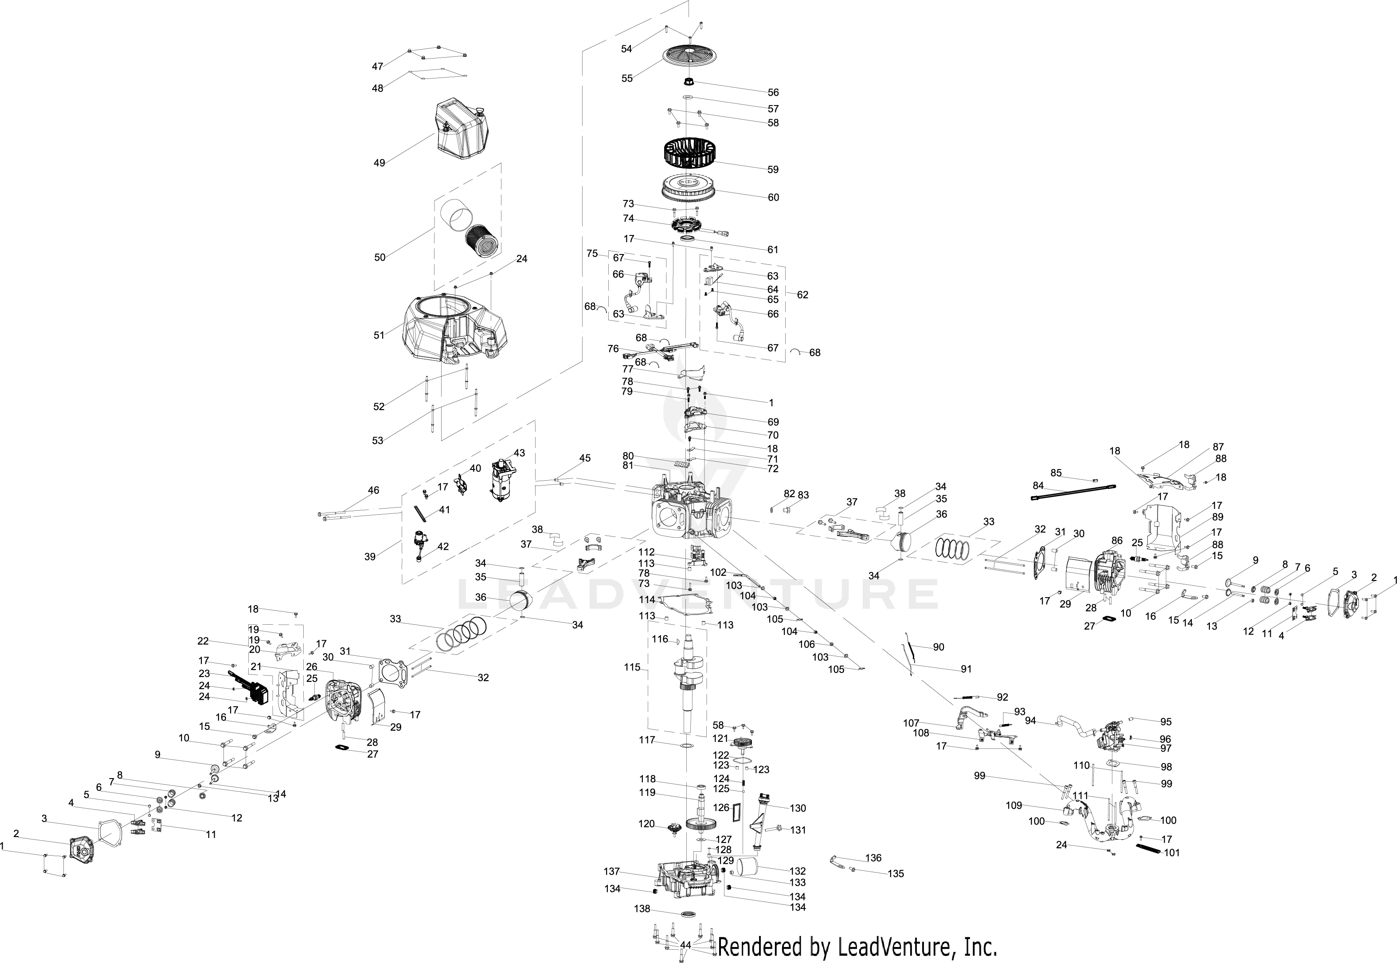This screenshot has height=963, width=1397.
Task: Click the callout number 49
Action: click(x=379, y=163)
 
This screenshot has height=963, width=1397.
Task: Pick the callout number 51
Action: click(x=379, y=336)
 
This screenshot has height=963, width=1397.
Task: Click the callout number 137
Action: click(x=612, y=871)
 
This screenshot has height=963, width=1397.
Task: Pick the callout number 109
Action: click(x=1014, y=806)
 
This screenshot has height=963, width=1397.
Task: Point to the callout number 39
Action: click(x=370, y=556)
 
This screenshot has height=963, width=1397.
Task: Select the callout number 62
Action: click(x=802, y=295)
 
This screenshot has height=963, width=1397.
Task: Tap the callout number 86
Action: click(x=1117, y=541)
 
